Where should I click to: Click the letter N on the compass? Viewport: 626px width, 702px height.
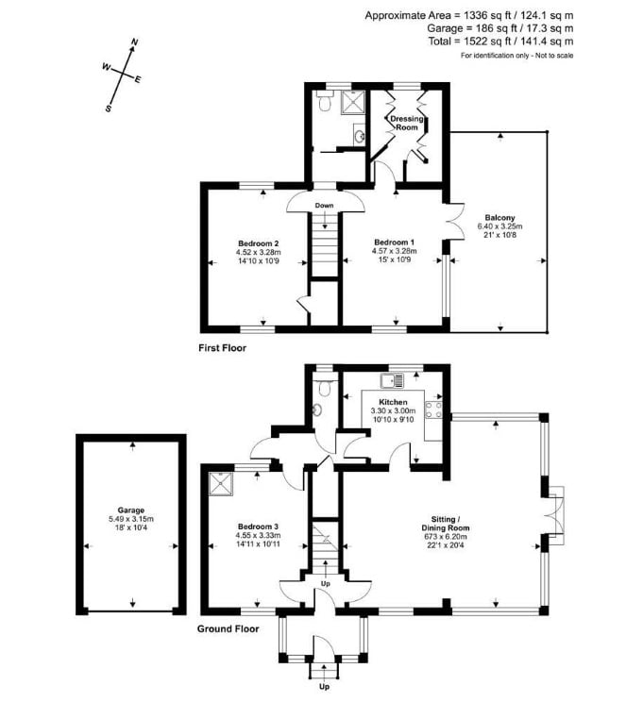(134, 42)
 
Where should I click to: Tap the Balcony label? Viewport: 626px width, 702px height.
(500, 218)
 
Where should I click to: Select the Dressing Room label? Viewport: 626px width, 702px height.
(406, 123)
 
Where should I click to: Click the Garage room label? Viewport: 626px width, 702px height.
(131, 510)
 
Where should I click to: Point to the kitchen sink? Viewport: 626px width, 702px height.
(392, 380)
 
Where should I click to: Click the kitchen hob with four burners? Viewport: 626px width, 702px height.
(433, 409)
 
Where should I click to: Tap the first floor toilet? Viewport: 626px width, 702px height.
(324, 101)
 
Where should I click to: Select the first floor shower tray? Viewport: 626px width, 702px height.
(352, 103)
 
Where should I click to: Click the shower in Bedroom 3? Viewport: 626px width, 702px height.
(221, 483)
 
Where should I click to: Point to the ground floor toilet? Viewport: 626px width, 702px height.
(324, 386)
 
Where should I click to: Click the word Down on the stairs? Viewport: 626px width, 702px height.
(324, 206)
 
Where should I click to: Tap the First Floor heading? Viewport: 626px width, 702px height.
(222, 348)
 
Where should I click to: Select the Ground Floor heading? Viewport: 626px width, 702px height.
(228, 629)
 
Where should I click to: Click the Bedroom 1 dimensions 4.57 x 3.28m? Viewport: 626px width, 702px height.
(395, 251)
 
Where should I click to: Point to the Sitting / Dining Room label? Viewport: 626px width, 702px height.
(446, 524)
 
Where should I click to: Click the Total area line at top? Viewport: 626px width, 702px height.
(500, 42)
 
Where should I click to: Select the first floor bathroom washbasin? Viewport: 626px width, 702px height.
(360, 135)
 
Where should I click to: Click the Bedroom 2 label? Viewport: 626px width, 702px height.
(259, 243)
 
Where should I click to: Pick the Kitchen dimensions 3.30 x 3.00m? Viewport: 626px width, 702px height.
(393, 410)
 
